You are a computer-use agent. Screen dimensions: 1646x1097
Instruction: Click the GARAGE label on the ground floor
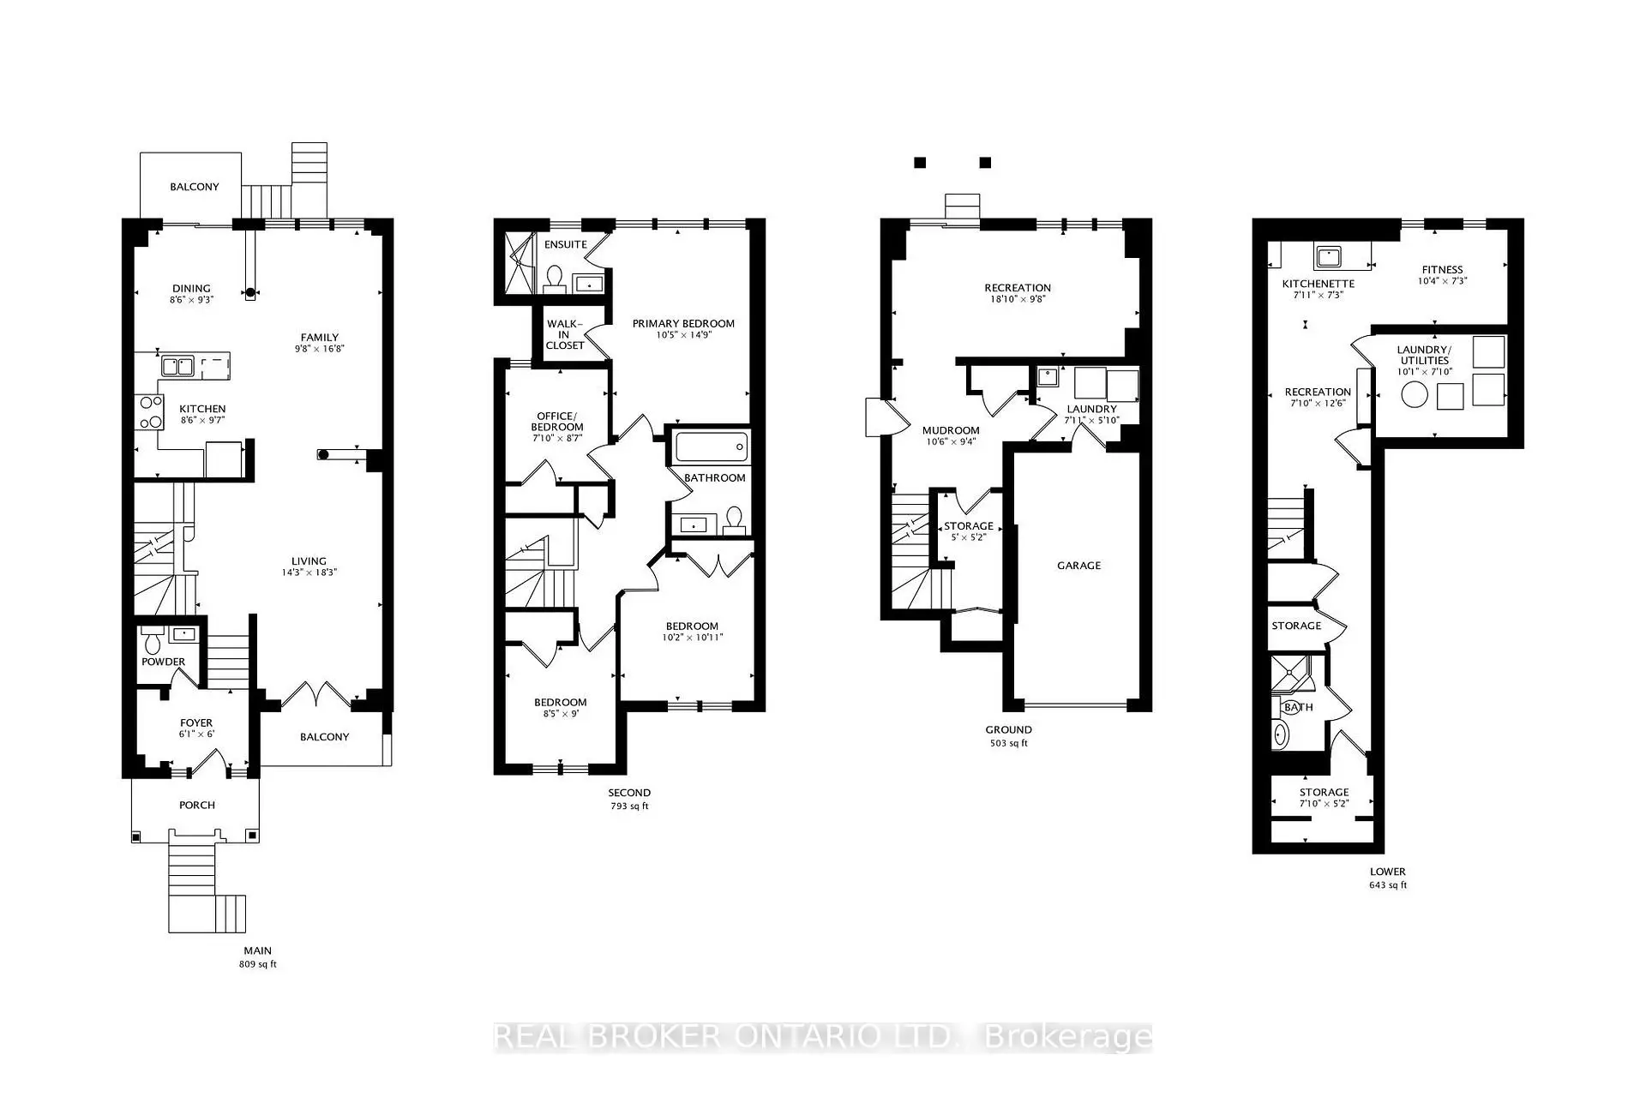pyautogui.click(x=1078, y=566)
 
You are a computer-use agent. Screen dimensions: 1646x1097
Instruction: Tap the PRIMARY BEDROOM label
pyautogui.click(x=683, y=324)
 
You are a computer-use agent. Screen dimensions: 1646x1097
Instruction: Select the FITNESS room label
pyautogui.click(x=1442, y=270)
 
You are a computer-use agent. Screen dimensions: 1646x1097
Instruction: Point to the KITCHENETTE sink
pyautogui.click(x=1328, y=255)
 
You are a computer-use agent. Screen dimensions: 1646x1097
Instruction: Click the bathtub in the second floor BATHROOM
pyautogui.click(x=711, y=447)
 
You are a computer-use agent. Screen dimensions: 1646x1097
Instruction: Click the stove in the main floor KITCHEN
pyautogui.click(x=149, y=411)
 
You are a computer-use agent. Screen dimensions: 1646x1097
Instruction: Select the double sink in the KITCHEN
pyautogui.click(x=177, y=367)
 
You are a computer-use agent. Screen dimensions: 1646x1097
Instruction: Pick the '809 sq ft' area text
pyautogui.click(x=257, y=964)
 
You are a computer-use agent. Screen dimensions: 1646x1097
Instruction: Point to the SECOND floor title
pyautogui.click(x=629, y=793)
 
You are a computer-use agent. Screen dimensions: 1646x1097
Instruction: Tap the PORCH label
pyautogui.click(x=197, y=806)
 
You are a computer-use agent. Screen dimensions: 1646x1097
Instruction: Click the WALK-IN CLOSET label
pyautogui.click(x=565, y=334)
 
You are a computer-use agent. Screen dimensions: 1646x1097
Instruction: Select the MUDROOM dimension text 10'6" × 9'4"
pyautogui.click(x=951, y=442)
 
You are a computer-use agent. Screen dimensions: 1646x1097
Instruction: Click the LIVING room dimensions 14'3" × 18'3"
pyautogui.click(x=309, y=572)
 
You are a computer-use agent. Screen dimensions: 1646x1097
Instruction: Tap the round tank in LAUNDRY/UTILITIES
pyautogui.click(x=1415, y=394)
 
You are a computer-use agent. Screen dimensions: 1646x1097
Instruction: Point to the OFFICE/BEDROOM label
pyautogui.click(x=557, y=422)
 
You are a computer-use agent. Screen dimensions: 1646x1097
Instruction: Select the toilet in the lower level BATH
pyautogui.click(x=1280, y=734)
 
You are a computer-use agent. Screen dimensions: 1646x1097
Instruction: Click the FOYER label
pyautogui.click(x=196, y=723)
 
